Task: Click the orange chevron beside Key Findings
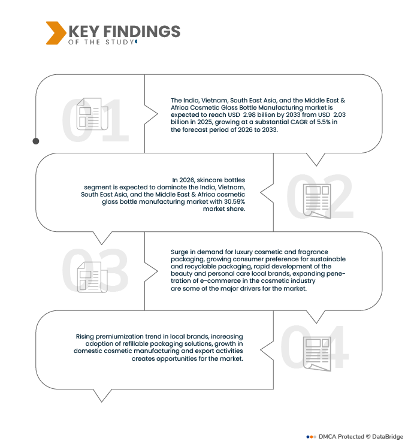pyautogui.click(x=56, y=33)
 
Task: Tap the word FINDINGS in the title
pyautogui.click(x=142, y=31)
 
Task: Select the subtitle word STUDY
pyautogui.click(x=119, y=42)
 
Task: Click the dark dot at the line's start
pyautogui.click(x=35, y=141)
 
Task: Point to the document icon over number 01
pyautogui.click(x=92, y=114)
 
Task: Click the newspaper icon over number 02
pyautogui.click(x=317, y=201)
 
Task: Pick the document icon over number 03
pyautogui.click(x=92, y=277)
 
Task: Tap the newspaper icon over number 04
pyautogui.click(x=317, y=354)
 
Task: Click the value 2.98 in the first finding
pyautogui.click(x=249, y=115)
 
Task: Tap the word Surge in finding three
pyautogui.click(x=179, y=252)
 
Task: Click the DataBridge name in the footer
pyautogui.click(x=388, y=437)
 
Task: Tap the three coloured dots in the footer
pyautogui.click(x=312, y=437)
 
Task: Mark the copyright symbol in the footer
pyautogui.click(x=368, y=436)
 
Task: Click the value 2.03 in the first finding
pyautogui.click(x=339, y=115)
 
